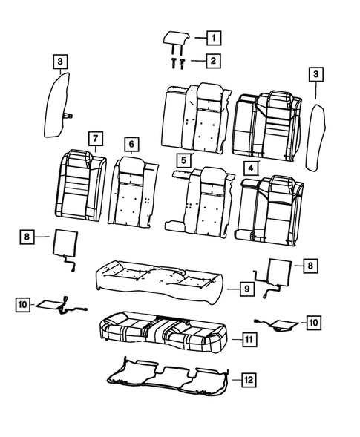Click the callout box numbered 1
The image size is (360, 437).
pos(212,37)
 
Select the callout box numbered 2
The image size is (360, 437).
pos(212,60)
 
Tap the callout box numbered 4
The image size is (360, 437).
pos(252,168)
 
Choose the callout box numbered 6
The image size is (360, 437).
pos(130,143)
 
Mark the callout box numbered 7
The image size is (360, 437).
pos(94,138)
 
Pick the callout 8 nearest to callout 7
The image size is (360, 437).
pos(26,236)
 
